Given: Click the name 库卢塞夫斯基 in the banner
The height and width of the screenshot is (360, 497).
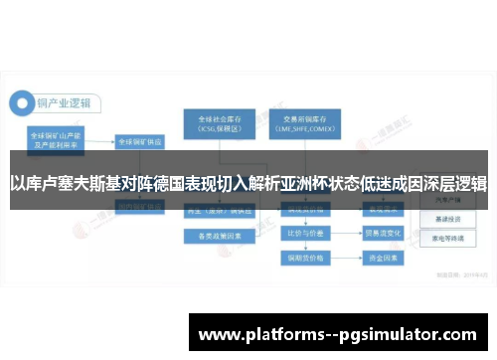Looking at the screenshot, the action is (67, 183).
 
